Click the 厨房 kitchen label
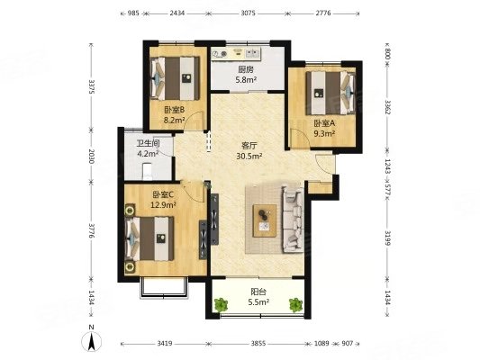(x=246, y=69)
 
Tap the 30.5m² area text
(x=249, y=157)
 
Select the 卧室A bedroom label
(x=324, y=123)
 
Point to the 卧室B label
(x=174, y=110)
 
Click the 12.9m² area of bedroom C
(x=163, y=204)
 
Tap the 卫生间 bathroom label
(x=149, y=143)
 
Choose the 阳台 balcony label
(x=258, y=292)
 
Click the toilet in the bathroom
(x=148, y=171)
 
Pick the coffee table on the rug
(x=265, y=220)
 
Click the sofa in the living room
(x=293, y=220)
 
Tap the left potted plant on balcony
(x=221, y=305)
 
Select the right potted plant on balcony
(x=295, y=305)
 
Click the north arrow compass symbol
(x=91, y=339)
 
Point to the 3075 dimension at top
(x=248, y=13)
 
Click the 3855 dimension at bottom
(x=258, y=344)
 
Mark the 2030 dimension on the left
(x=91, y=156)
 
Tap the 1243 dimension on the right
(x=387, y=166)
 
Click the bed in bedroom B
(x=175, y=78)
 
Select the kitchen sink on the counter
(x=252, y=54)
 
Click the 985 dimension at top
(x=133, y=13)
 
